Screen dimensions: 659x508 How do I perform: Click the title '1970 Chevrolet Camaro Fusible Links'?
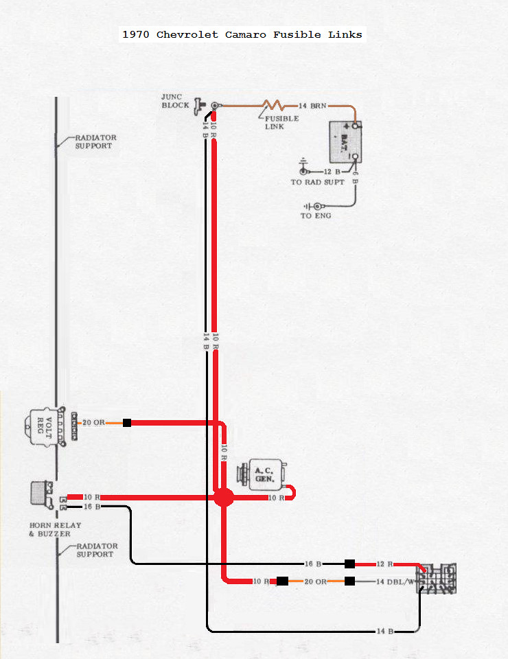pos(242,34)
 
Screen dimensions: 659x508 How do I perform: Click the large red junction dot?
pos(223,498)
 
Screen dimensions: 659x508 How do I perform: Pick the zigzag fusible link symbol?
pos(273,106)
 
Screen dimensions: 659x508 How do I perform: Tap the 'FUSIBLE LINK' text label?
pos(282,122)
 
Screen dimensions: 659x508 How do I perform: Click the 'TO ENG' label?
pos(316,216)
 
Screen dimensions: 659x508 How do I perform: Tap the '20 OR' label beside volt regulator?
pos(93,423)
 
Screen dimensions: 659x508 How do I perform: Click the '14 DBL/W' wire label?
pos(396,582)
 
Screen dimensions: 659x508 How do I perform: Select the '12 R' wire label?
pos(384,564)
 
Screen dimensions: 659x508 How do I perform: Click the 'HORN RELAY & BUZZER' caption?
pos(55,529)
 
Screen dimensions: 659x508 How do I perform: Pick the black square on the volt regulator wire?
pos(127,423)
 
